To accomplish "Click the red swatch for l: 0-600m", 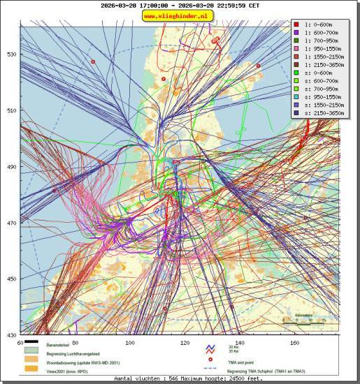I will coord(296,24).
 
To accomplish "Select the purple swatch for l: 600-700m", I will coord(296,32).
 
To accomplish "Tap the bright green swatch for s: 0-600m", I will coord(296,73).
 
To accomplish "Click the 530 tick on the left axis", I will coord(12,54).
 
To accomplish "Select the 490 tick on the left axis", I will coord(12,167).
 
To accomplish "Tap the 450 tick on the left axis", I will coord(12,279).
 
